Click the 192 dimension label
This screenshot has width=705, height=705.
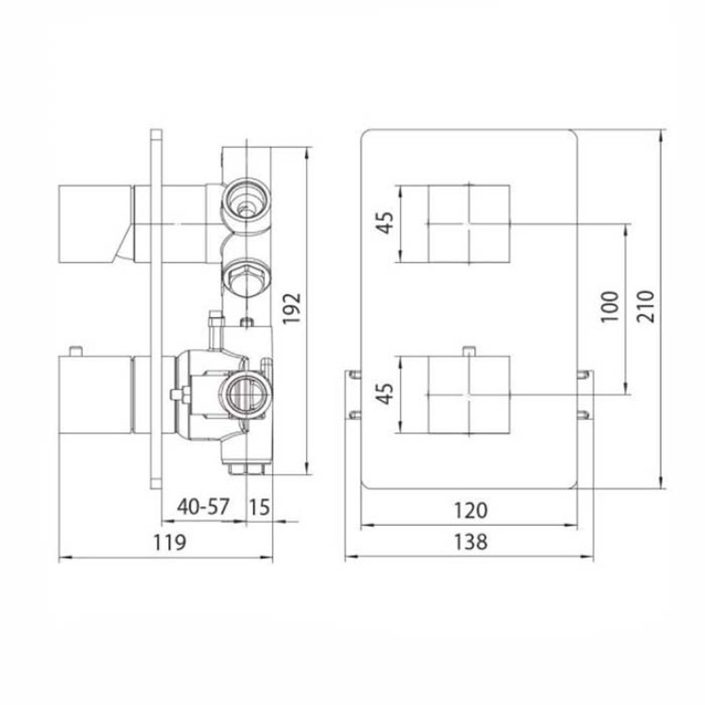(x=291, y=309)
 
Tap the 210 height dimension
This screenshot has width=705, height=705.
(x=646, y=306)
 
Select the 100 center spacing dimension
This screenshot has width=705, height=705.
(x=610, y=306)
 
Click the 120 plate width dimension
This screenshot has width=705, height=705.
(x=471, y=511)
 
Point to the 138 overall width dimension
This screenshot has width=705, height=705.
(x=471, y=541)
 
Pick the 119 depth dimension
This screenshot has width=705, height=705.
(x=169, y=542)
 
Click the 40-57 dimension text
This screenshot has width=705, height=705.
(x=203, y=507)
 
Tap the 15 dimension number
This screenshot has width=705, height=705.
(x=259, y=507)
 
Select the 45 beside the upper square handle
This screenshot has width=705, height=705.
(x=385, y=222)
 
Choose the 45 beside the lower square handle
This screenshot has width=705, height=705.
(x=385, y=393)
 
